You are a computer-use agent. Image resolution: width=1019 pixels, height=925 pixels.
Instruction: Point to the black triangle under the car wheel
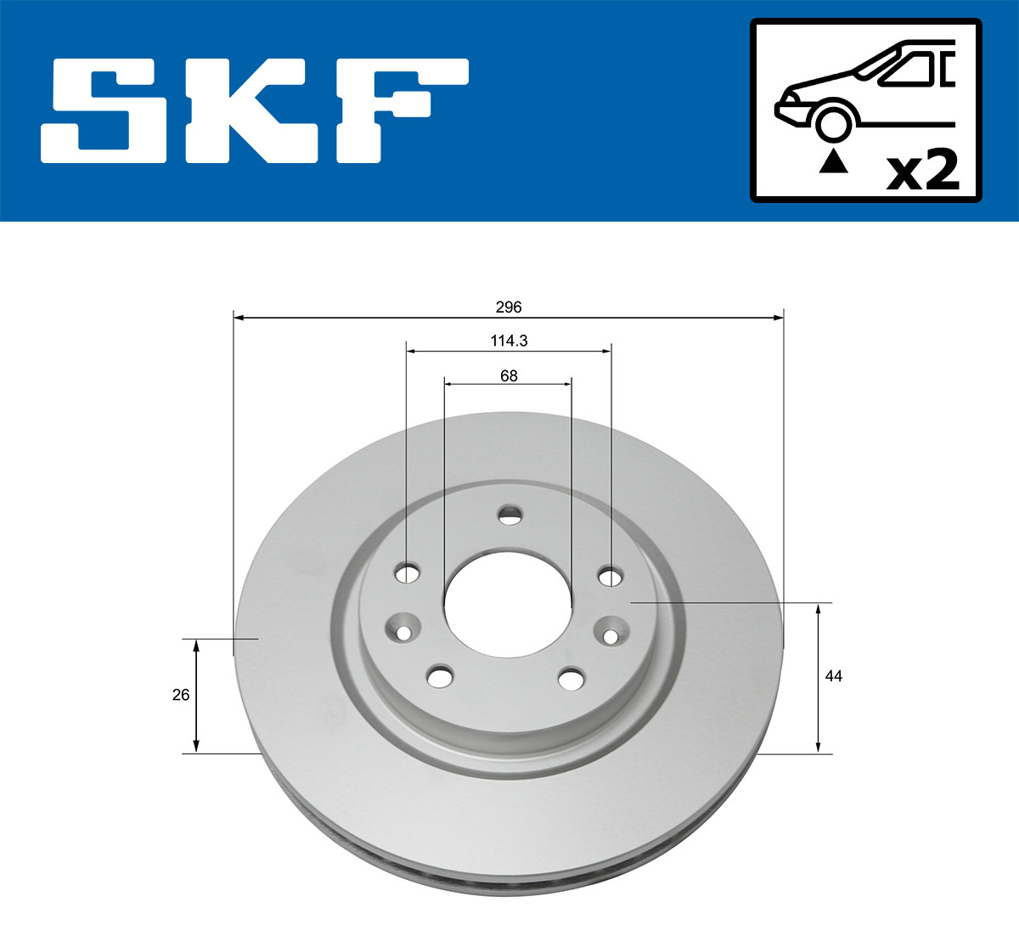click(833, 161)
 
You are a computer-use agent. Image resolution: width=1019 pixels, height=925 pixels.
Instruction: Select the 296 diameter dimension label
click(508, 307)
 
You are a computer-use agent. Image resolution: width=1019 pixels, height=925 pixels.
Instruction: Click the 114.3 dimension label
click(509, 341)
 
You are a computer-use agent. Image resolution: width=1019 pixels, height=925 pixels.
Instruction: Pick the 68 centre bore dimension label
click(509, 375)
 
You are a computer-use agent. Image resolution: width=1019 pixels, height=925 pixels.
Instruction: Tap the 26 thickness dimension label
click(180, 695)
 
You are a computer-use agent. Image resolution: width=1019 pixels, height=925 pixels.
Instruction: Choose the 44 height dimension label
click(834, 676)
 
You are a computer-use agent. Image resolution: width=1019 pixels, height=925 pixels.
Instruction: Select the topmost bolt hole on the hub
click(509, 515)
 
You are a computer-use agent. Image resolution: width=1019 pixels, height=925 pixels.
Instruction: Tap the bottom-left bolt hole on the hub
click(439, 677)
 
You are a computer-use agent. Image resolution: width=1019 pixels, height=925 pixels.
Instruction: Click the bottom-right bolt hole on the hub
click(571, 679)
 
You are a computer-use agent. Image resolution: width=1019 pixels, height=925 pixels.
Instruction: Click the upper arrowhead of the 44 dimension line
click(819, 609)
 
